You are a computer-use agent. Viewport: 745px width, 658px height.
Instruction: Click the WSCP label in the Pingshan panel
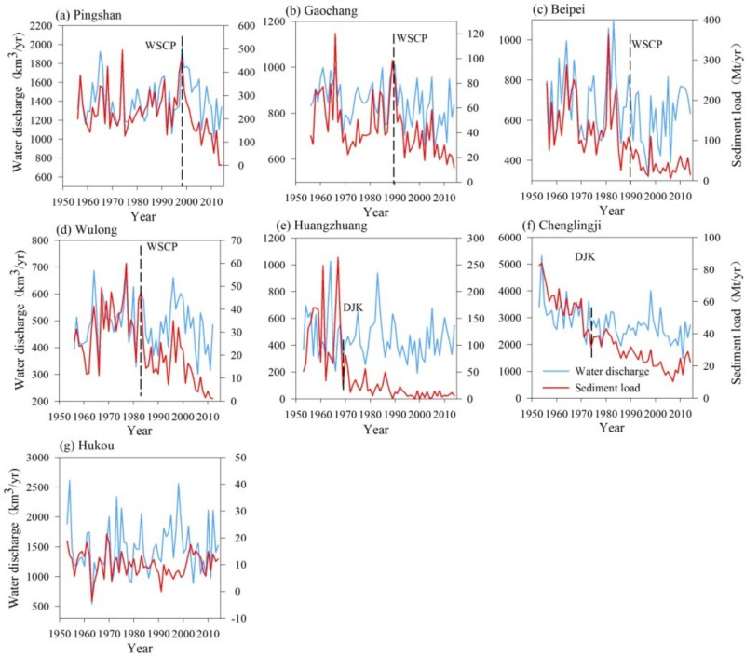coord(163,45)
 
